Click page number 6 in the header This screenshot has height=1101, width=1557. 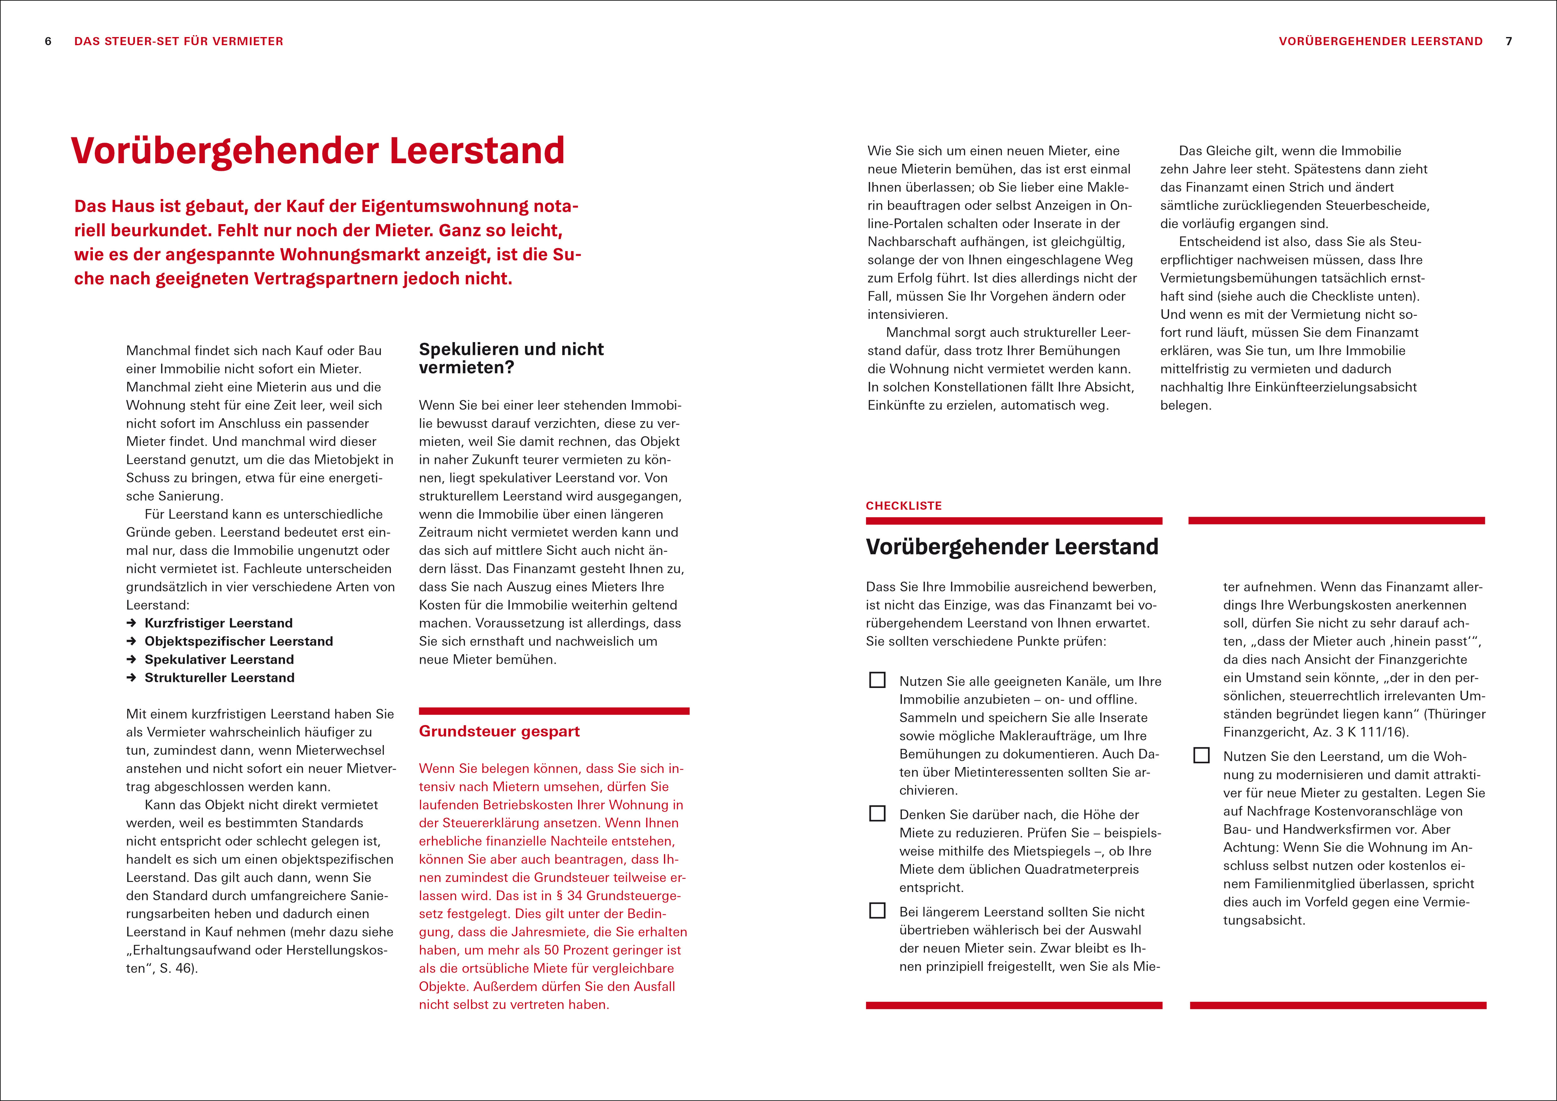[48, 41]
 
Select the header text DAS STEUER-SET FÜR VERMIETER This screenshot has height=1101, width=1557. [178, 41]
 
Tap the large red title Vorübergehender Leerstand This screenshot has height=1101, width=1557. [317, 151]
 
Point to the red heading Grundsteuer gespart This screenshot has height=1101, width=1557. [499, 732]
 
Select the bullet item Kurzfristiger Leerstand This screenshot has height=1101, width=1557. [218, 623]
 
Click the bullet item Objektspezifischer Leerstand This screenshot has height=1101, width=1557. [239, 641]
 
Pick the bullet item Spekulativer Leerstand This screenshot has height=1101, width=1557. [219, 660]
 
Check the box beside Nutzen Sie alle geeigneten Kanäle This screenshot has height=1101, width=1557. [877, 680]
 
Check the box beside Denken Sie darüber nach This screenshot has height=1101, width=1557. [877, 814]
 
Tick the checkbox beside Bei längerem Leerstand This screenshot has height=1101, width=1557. [877, 910]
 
